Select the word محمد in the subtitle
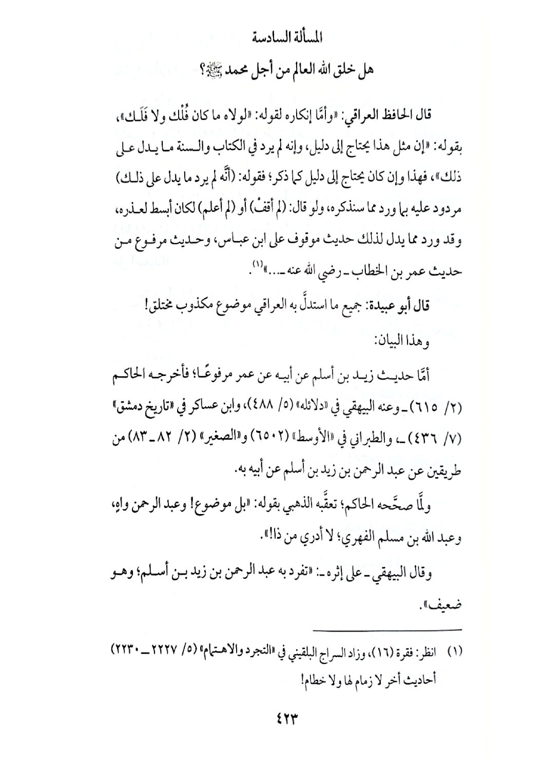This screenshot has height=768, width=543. pos(223,68)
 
